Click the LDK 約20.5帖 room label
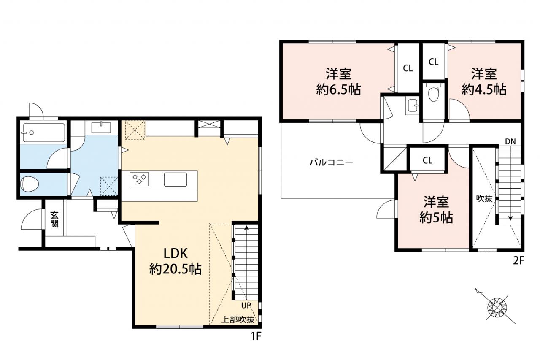(175, 261)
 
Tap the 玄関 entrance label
(54, 219)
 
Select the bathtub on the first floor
(43, 133)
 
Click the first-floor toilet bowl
(30, 184)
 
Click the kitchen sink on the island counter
(175, 179)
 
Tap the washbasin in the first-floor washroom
(101, 127)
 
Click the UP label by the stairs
(246, 306)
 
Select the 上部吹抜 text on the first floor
(238, 320)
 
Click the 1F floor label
(256, 336)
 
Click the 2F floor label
(518, 261)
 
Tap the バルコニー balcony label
(331, 162)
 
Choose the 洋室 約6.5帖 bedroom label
(338, 82)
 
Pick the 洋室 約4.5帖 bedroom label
(484, 82)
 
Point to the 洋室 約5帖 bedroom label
(436, 209)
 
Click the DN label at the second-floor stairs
(510, 142)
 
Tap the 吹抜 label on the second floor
(484, 198)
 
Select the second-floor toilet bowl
(434, 92)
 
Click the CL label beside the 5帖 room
(427, 160)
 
